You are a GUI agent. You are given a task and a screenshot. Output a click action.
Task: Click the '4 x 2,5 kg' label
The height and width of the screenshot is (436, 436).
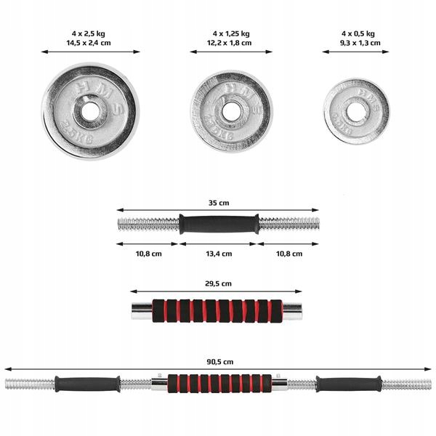click(x=91, y=33)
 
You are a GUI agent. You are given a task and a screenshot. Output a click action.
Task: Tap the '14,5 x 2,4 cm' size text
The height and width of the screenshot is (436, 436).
click(x=91, y=43)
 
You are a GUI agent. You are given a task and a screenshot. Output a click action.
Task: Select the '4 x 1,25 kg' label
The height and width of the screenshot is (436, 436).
click(x=231, y=33)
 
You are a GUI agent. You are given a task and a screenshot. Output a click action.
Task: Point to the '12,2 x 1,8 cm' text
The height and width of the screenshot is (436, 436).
click(x=231, y=43)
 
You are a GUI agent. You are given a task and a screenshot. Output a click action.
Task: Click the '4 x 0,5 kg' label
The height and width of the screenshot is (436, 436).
click(x=358, y=33)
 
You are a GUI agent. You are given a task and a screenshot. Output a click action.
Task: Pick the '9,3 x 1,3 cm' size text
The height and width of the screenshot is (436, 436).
click(x=358, y=43)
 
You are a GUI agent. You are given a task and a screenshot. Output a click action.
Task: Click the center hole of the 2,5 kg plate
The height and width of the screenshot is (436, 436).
click(x=90, y=111)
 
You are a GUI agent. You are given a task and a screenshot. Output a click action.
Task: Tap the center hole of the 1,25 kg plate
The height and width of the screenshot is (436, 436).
click(x=231, y=111)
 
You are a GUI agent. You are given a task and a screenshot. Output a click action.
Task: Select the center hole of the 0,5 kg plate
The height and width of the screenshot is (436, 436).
click(x=356, y=111)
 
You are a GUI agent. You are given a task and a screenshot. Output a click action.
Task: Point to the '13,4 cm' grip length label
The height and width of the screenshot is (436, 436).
click(x=217, y=254)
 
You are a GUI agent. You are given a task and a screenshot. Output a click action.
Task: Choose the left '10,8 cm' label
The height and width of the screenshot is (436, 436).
click(x=148, y=254)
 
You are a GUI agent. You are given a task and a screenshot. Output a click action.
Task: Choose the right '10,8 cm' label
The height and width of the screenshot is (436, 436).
click(x=288, y=254)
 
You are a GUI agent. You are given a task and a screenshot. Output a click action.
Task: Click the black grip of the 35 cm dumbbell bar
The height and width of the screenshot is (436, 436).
click(x=218, y=224)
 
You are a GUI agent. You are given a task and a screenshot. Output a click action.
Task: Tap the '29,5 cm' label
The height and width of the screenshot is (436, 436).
click(x=217, y=283)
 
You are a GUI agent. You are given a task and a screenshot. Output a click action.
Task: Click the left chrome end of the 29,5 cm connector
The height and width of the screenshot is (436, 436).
click(x=140, y=311)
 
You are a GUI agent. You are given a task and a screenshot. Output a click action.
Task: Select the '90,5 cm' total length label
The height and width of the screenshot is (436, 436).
click(x=218, y=362)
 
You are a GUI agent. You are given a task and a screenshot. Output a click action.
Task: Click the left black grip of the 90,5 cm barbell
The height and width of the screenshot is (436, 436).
click(x=86, y=384)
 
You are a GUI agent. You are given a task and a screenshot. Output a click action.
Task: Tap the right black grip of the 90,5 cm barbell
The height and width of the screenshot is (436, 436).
click(x=348, y=384)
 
